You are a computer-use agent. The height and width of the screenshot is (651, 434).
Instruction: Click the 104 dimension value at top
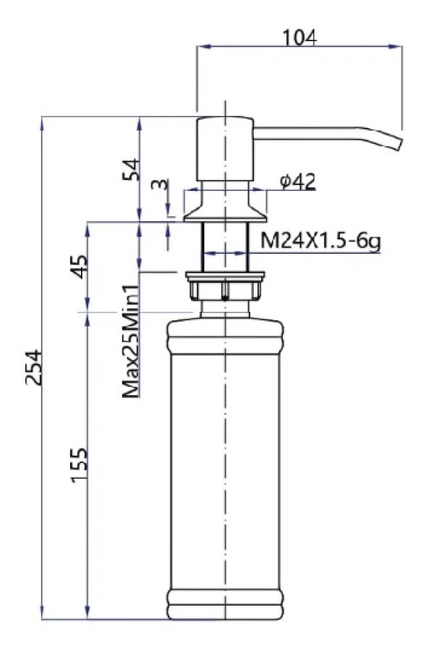[x=300, y=38]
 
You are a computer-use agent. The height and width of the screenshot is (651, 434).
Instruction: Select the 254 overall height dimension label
[x=34, y=368]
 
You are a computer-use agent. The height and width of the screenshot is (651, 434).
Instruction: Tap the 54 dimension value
[x=131, y=169]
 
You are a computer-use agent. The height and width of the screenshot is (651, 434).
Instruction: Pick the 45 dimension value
[x=80, y=266]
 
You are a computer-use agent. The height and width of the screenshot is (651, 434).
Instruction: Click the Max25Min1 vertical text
[x=130, y=341]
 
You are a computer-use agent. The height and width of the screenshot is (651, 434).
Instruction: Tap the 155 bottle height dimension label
[x=80, y=465]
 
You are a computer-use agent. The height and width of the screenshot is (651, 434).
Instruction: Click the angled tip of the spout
[x=397, y=142]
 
